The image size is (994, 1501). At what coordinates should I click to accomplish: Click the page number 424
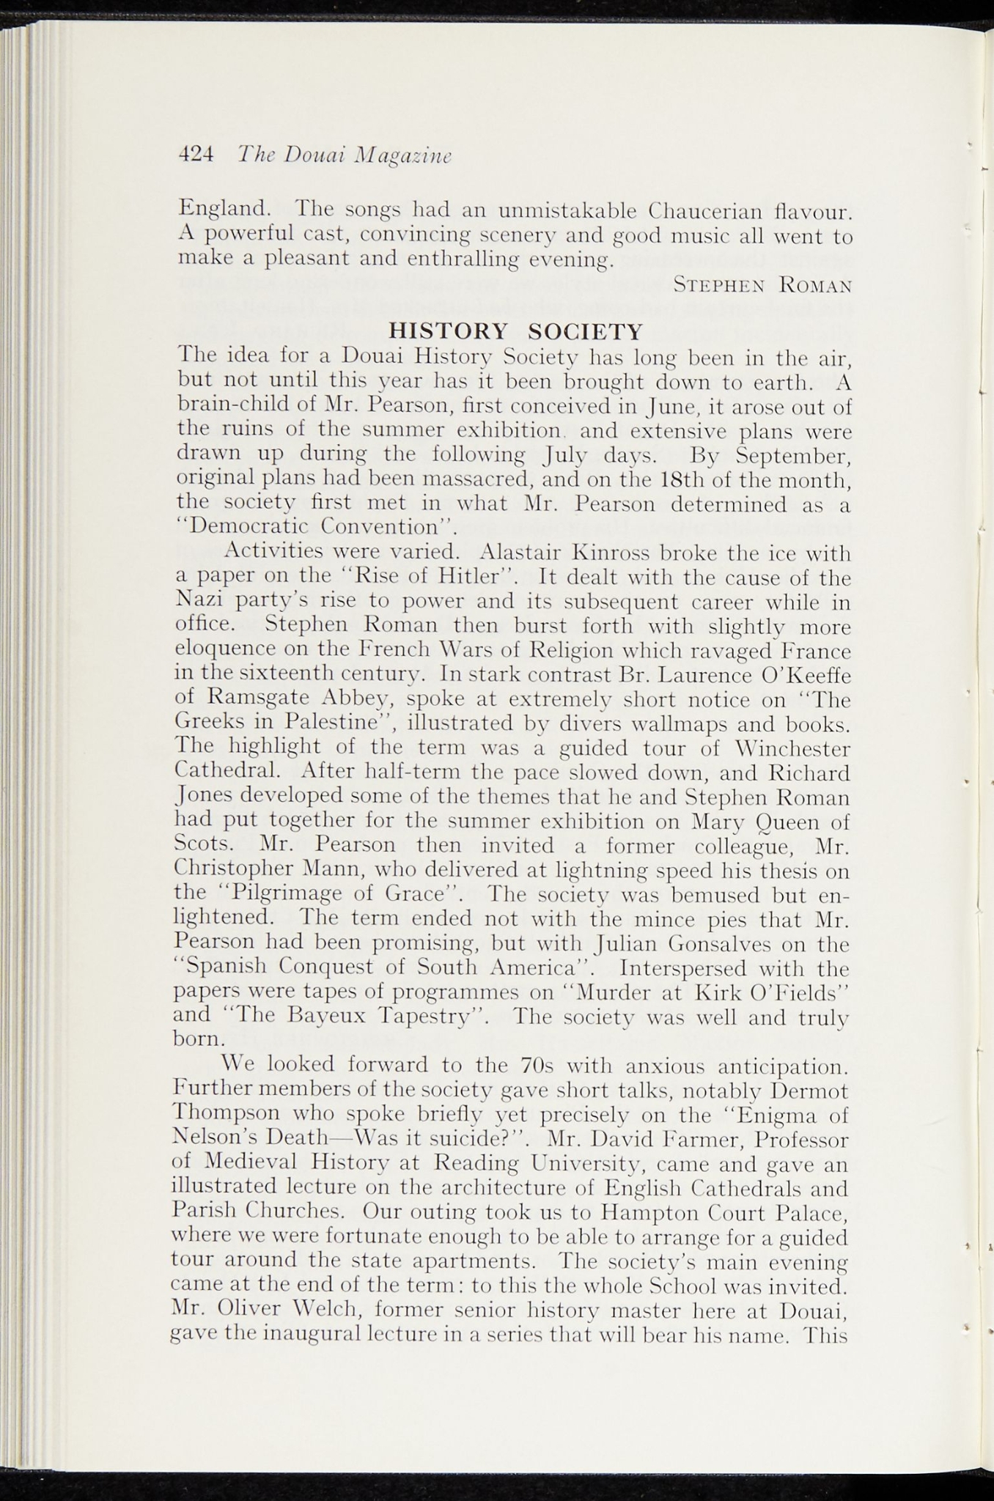coord(196,155)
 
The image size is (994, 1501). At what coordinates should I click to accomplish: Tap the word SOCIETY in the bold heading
coord(585,331)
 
